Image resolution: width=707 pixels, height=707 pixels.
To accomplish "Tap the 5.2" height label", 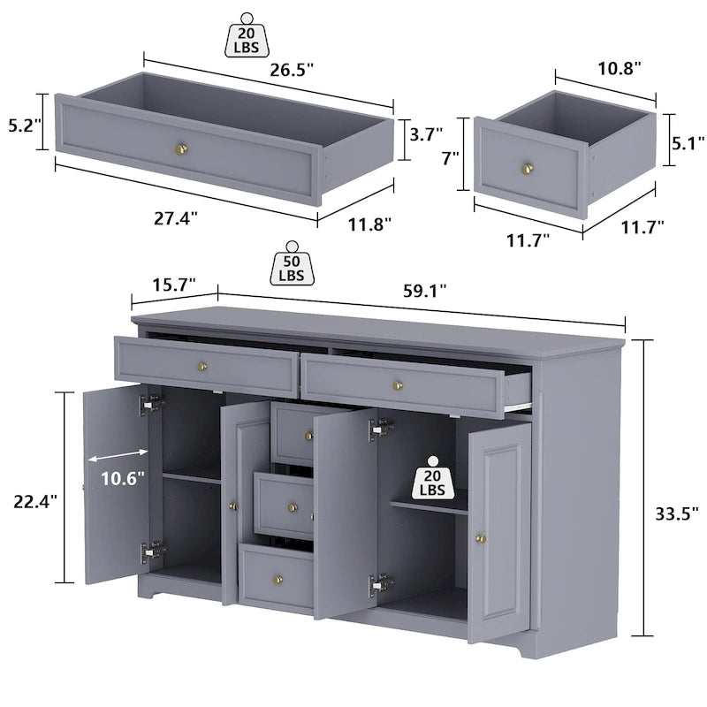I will click(x=20, y=126).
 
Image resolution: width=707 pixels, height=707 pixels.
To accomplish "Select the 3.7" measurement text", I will click(x=426, y=135).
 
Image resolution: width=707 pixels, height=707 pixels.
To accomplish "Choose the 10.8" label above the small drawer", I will click(x=615, y=67).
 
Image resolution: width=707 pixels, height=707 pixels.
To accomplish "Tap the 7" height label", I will click(x=451, y=159).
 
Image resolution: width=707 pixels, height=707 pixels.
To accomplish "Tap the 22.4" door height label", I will click(x=36, y=499).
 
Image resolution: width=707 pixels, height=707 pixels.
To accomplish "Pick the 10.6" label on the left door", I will click(x=122, y=478).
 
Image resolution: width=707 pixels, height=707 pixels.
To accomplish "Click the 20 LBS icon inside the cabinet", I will click(x=432, y=479).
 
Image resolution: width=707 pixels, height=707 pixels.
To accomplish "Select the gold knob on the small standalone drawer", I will click(x=528, y=167).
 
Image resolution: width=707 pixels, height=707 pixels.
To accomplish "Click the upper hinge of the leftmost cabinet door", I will click(x=151, y=404).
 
